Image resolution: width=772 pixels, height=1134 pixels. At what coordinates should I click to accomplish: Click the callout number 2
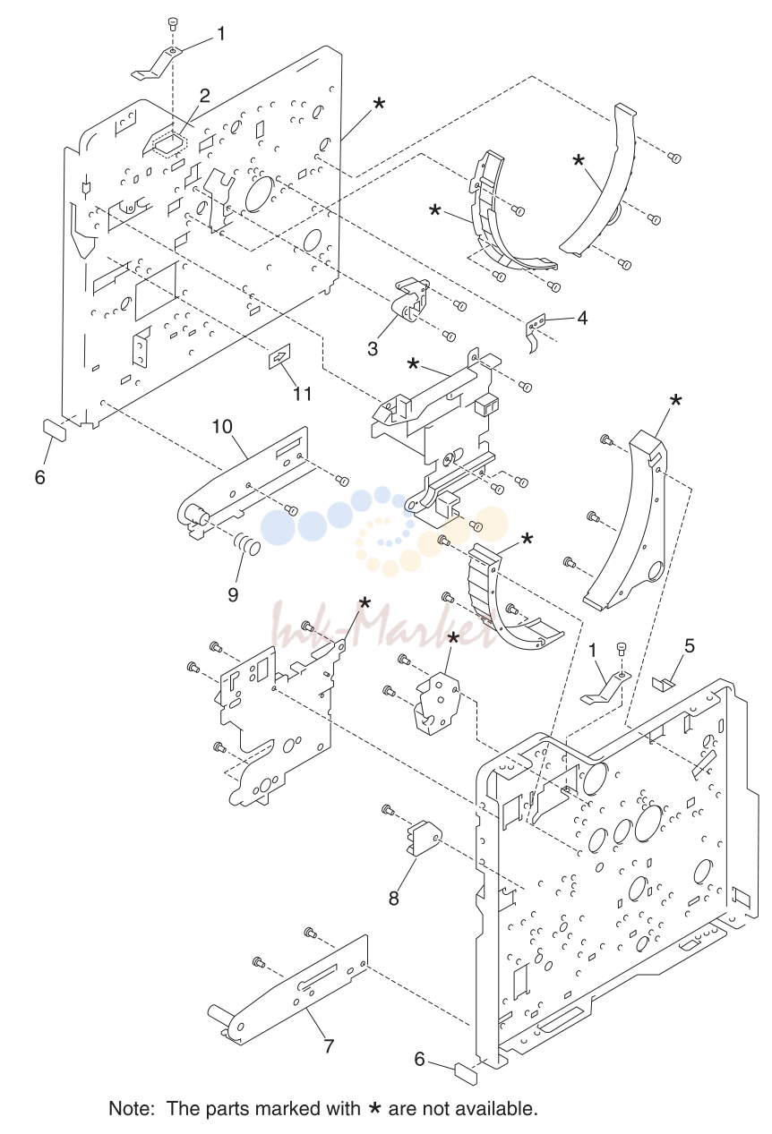click(x=204, y=95)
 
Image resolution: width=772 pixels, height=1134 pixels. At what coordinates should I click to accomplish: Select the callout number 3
click(x=373, y=348)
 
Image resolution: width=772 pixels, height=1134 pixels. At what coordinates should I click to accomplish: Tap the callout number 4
click(x=582, y=318)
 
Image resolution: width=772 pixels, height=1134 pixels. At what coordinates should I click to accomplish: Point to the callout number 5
click(x=690, y=645)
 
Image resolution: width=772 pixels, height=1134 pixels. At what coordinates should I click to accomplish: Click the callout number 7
click(x=329, y=1045)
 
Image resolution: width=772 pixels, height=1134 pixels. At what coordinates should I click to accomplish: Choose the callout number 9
click(x=233, y=594)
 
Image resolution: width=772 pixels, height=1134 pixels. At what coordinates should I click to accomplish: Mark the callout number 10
click(x=222, y=426)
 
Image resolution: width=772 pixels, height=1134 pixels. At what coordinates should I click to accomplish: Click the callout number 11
click(x=303, y=393)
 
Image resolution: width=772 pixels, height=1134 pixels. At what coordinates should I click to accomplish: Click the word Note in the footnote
click(x=131, y=1108)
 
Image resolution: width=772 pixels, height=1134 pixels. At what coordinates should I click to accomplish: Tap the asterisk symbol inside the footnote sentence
click(x=374, y=1109)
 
